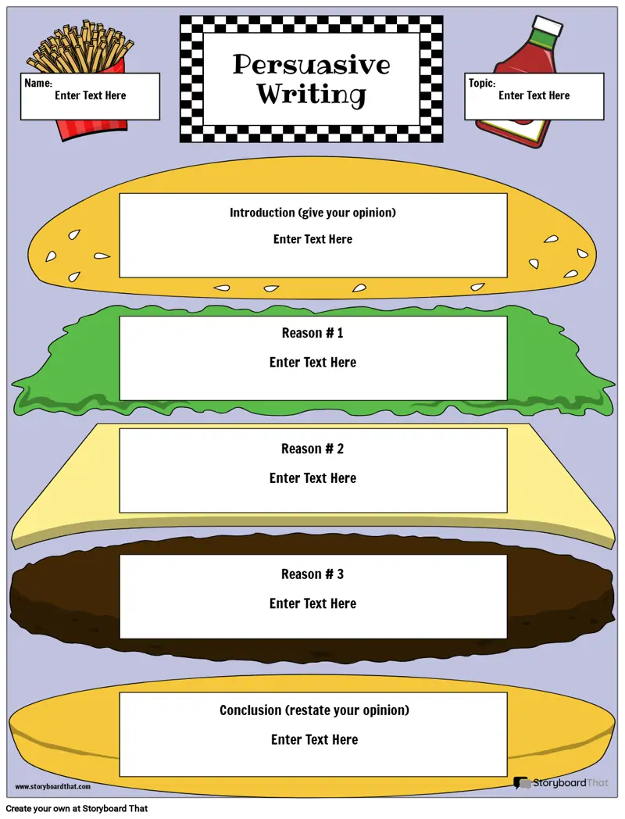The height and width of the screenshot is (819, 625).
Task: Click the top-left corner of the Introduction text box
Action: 120,194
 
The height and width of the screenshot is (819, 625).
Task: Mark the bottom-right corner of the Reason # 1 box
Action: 508,401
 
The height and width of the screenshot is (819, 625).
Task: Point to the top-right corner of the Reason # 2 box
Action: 508,429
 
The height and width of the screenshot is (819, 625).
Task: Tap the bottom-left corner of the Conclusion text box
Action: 120,777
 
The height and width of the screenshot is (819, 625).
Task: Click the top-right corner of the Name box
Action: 160,73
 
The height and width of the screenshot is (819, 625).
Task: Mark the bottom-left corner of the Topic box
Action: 465,120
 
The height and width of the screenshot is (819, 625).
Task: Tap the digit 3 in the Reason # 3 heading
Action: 341,574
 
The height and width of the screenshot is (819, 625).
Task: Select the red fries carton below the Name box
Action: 92,130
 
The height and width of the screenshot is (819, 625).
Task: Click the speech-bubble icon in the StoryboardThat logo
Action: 521,783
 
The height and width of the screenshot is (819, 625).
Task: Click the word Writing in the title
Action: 311,94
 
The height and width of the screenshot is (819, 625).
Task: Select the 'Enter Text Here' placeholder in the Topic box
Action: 534,95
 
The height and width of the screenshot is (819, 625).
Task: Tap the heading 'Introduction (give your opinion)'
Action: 312,213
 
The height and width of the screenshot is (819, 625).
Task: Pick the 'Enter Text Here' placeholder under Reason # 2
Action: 312,478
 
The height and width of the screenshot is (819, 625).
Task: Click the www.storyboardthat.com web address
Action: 53,787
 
